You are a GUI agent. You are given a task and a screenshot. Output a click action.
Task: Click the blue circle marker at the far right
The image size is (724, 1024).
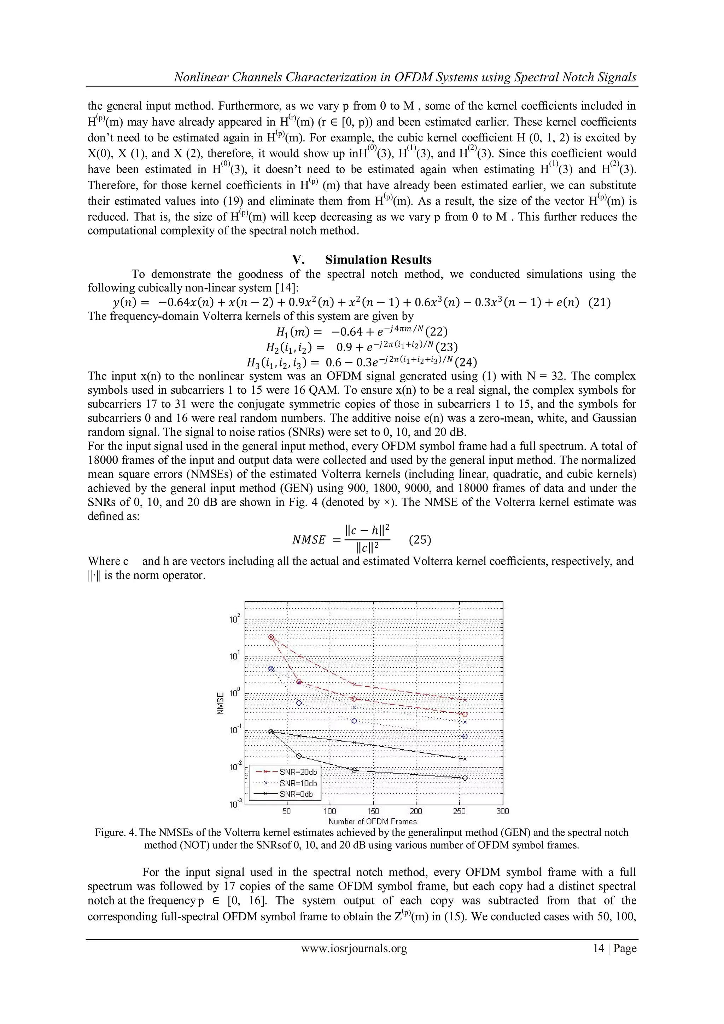coord(465,736)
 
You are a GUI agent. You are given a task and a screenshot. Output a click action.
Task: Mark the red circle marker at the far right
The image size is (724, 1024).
coord(465,714)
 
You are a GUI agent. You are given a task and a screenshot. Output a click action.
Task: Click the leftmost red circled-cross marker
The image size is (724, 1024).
coord(270,637)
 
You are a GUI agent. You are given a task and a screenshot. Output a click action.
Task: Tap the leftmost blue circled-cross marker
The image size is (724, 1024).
coord(270,668)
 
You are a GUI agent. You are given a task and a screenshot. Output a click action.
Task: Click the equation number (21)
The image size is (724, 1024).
coord(599,302)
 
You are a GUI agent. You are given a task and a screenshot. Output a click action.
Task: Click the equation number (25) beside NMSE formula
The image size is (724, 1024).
coord(420,540)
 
